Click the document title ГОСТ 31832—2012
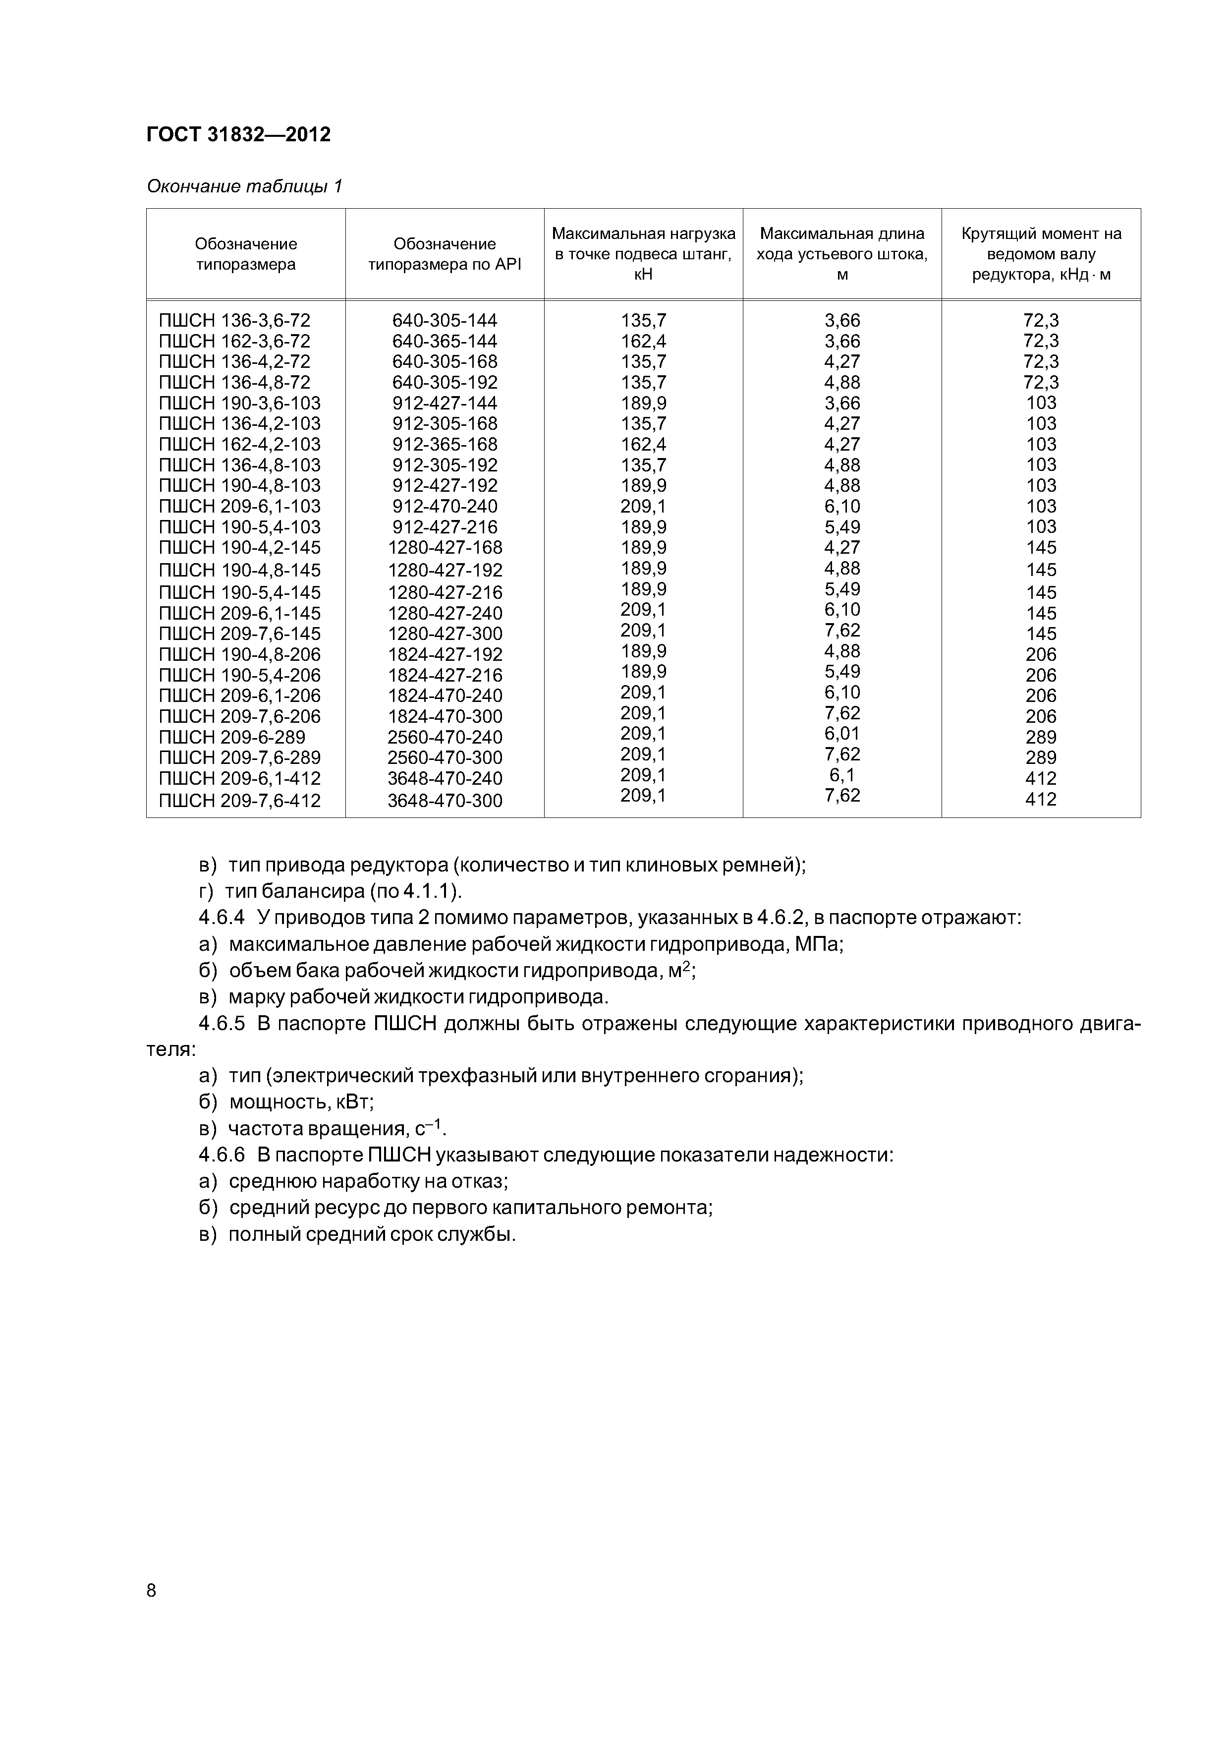pyautogui.click(x=238, y=135)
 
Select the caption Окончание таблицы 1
pyautogui.click(x=245, y=186)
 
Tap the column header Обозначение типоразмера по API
pyautogui.click(x=445, y=254)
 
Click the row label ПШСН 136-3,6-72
pyautogui.click(x=235, y=320)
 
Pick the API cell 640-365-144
pyautogui.click(x=445, y=341)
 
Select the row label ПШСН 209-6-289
pyautogui.click(x=232, y=737)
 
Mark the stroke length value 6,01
pyautogui.click(x=842, y=733)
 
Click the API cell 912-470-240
pyautogui.click(x=445, y=506)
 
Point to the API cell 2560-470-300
pyautogui.click(x=445, y=757)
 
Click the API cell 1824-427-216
pyautogui.click(x=445, y=675)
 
